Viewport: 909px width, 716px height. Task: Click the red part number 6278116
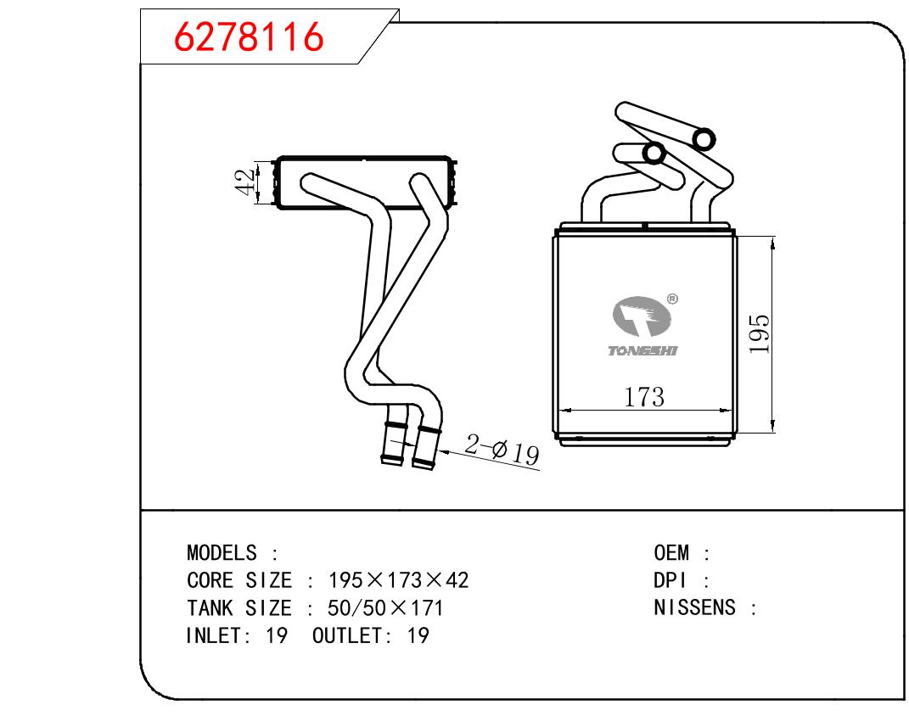click(x=249, y=37)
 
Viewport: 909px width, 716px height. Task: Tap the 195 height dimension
click(x=760, y=333)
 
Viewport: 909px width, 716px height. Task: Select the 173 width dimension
click(x=644, y=396)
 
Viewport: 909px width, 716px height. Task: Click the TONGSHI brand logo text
click(x=642, y=350)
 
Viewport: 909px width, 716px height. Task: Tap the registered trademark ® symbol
click(x=672, y=299)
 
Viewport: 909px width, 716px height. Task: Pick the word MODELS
click(x=222, y=553)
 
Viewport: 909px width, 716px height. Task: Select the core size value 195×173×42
click(x=398, y=580)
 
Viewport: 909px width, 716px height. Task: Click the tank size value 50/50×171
click(x=386, y=607)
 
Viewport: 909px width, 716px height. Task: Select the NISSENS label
click(x=694, y=607)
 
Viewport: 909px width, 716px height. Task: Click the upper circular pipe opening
click(x=704, y=137)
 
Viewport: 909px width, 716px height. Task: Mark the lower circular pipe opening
click(x=654, y=154)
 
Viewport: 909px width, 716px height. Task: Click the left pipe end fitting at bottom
click(x=394, y=441)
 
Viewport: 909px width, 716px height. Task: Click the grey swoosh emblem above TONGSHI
click(x=641, y=319)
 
